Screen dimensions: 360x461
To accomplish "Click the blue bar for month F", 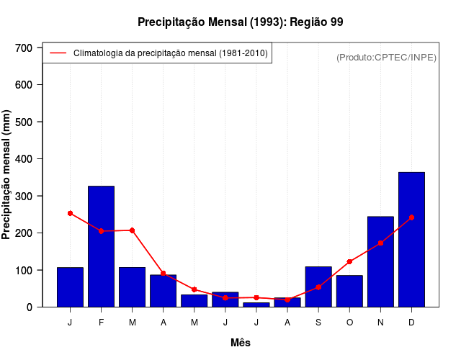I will coord(101,246).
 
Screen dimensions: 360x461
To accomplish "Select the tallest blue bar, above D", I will coord(411,240).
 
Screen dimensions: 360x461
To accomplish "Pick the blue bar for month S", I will coord(318,287).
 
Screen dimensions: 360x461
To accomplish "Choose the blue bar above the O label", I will coord(349,291).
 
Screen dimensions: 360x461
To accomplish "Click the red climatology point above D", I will coord(411,217).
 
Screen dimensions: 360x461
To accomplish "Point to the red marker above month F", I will coord(101,231).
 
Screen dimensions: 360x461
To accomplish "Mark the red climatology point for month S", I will coord(318,287).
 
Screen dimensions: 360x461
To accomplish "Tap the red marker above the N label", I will coord(380,243).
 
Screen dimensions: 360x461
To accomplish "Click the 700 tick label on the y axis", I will coord(24,48).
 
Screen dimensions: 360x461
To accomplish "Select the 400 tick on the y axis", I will coord(24,158).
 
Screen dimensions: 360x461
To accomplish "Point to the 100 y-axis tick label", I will coord(24,270).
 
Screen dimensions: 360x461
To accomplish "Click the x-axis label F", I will coord(101,322).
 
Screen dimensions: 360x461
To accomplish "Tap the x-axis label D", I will coord(411,322).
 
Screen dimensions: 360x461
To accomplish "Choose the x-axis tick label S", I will coord(318,322).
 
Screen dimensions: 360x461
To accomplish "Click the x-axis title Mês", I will coord(241,343).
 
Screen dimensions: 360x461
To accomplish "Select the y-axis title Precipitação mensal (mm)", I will coord(7,175).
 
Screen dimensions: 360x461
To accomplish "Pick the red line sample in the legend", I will coord(58,53).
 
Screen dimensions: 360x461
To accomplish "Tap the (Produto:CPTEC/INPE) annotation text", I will coord(386,57).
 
